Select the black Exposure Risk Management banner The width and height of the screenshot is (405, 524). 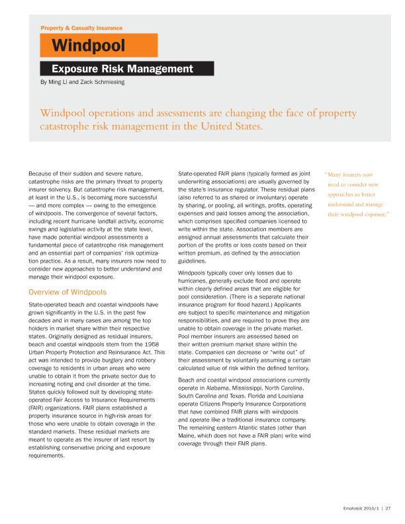[x=122, y=68]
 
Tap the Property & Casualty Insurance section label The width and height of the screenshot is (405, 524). [x=81, y=28]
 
